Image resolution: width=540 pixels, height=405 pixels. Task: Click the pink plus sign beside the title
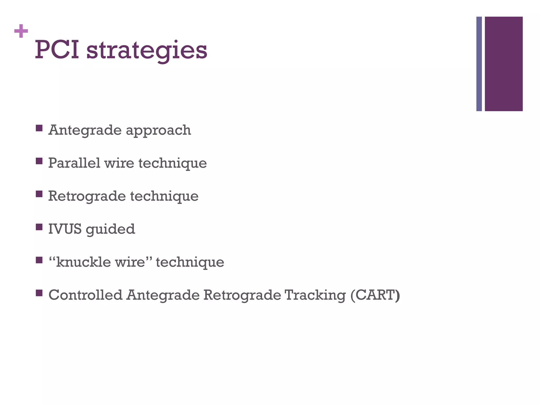coord(21,31)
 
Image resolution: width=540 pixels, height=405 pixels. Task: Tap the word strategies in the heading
coord(147,51)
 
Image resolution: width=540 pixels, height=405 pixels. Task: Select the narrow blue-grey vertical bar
coord(479,64)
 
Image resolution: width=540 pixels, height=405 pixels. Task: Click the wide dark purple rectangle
coord(504,64)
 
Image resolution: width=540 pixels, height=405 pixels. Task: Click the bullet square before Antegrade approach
coord(39,128)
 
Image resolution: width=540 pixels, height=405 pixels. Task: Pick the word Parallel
coord(74,163)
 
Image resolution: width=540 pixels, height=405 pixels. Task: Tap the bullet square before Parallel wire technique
coord(39,161)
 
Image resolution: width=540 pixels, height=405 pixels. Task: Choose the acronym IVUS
coord(65,229)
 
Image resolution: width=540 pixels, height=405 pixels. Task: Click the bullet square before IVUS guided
coord(39,227)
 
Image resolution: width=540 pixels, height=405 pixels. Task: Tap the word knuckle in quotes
coord(83,262)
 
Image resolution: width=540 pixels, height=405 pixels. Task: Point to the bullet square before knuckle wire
coord(39,260)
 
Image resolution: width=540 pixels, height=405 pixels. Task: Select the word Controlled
coord(85,295)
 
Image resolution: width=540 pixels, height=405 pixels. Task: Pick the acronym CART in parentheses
coord(375,295)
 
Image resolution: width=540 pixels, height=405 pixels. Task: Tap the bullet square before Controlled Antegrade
coord(39,293)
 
